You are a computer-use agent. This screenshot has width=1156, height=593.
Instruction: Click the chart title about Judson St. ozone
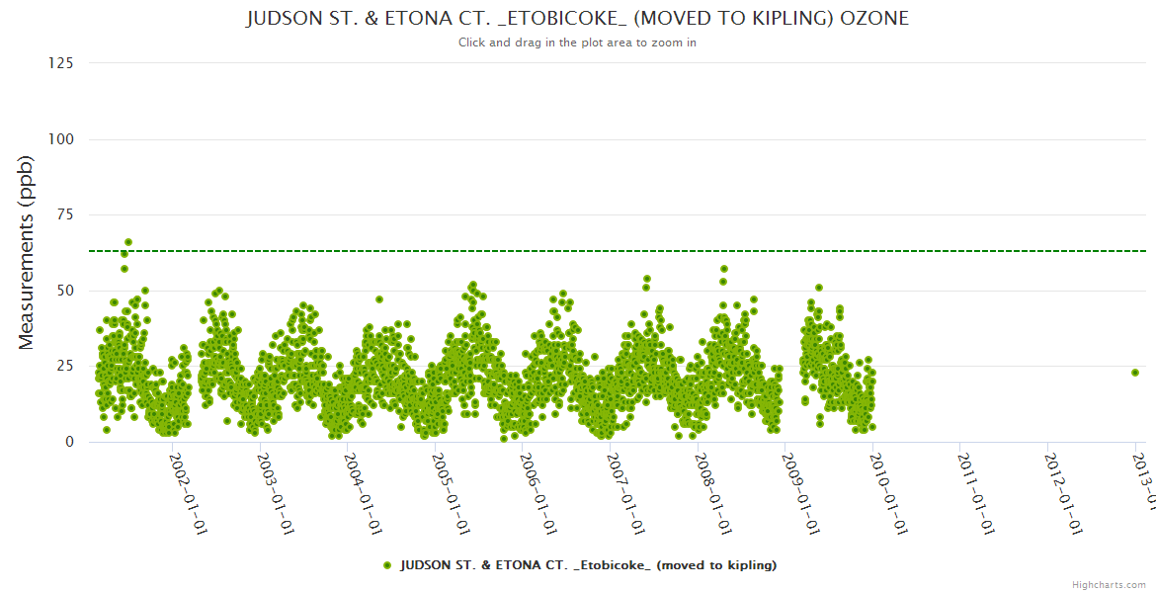click(x=577, y=19)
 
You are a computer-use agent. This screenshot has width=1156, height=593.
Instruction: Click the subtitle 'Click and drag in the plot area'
click(x=577, y=42)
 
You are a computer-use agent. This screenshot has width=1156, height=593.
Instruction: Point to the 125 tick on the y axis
click(x=60, y=63)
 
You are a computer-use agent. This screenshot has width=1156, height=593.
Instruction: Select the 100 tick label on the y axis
click(x=60, y=139)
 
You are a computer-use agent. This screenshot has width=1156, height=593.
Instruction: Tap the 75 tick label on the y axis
click(x=64, y=215)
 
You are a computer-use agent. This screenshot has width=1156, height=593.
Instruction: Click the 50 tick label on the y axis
click(x=64, y=291)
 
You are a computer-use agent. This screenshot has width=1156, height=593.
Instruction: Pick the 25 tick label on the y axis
click(x=64, y=367)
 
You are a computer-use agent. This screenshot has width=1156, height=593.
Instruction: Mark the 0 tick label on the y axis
click(x=69, y=442)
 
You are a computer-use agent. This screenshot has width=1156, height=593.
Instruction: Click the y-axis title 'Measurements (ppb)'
click(x=27, y=253)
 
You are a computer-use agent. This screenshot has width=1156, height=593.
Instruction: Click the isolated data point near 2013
click(x=1135, y=373)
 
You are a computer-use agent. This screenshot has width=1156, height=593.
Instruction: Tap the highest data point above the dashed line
click(x=128, y=242)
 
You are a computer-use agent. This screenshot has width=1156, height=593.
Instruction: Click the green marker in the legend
click(x=387, y=565)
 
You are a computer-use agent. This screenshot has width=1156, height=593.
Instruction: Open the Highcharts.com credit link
click(x=1109, y=584)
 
